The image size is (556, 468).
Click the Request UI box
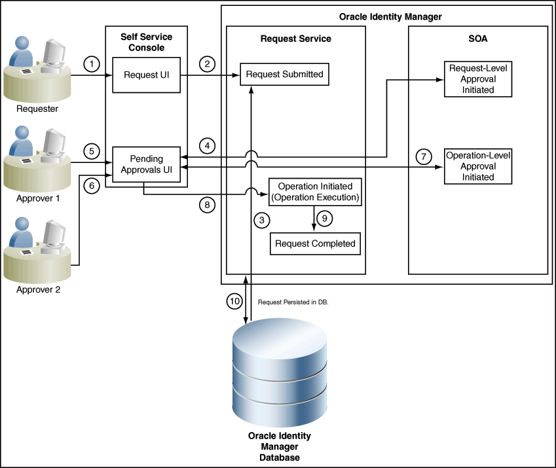coord(147,75)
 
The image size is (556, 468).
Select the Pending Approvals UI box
coord(147,164)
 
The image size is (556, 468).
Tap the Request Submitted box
coord(284,75)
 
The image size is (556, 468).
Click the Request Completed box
coord(315,243)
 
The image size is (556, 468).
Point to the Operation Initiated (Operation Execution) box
coord(315,192)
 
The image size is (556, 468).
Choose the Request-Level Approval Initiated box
coord(478,79)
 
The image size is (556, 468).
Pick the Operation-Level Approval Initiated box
coord(478,166)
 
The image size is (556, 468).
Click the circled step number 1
coord(92,64)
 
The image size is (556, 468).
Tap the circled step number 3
coord(262,221)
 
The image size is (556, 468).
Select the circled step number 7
coord(423,156)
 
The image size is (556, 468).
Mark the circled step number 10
coord(234,301)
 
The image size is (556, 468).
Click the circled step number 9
coord(324,219)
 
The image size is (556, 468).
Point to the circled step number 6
coord(92,186)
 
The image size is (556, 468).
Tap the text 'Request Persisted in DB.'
coord(293,302)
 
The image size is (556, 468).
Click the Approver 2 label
coord(38,290)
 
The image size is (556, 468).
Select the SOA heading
coord(478,39)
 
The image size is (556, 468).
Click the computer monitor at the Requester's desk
coord(53,54)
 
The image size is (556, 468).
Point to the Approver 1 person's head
coord(22,134)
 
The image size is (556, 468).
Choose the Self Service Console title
coord(147,42)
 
